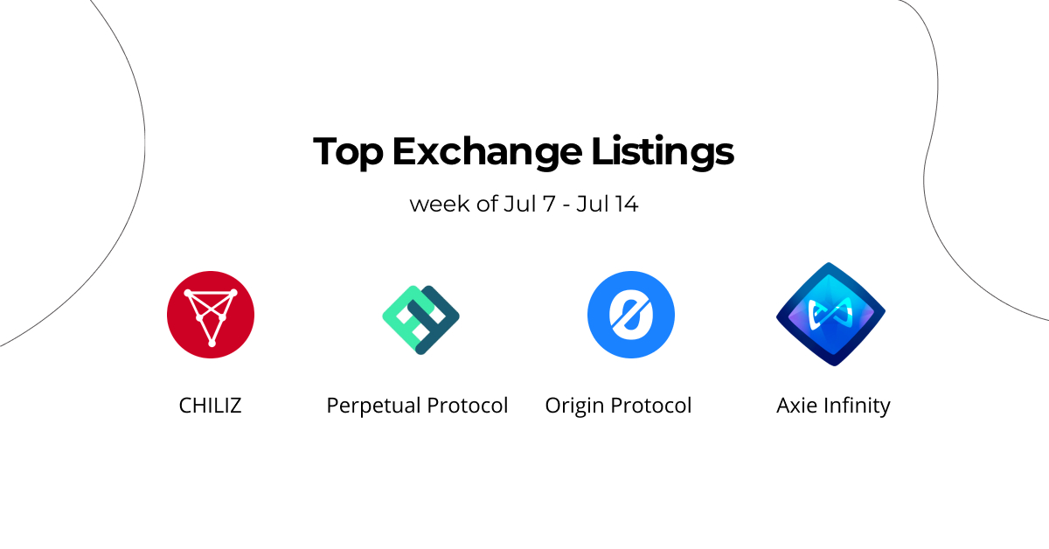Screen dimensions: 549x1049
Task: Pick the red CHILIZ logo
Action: pos(211,314)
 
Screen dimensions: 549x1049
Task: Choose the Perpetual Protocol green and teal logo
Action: pos(420,319)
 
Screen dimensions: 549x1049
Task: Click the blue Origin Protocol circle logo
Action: pos(631,315)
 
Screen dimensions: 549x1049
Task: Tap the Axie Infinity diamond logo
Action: pos(830,314)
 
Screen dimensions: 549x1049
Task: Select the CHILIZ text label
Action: pos(210,406)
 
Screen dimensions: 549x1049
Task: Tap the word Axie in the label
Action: pos(795,406)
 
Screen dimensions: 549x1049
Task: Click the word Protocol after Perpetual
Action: pos(467,406)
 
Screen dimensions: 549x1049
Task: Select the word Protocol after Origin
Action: pos(651,406)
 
